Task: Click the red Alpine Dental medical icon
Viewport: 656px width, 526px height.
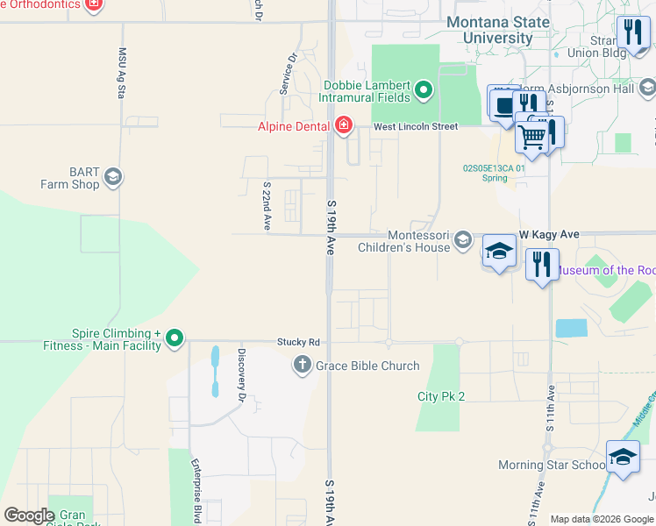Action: [x=343, y=126]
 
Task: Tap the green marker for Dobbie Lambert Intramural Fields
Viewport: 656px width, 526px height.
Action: [x=424, y=90]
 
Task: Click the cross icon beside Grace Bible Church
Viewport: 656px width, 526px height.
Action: [x=303, y=366]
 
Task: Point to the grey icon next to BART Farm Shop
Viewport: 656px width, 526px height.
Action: [x=112, y=179]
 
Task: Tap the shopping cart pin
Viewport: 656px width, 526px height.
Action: [x=531, y=135]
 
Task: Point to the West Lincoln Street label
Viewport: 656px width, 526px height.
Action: [x=416, y=127]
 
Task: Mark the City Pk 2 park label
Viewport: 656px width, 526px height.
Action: [x=440, y=396]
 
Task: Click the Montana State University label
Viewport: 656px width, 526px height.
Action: [x=497, y=30]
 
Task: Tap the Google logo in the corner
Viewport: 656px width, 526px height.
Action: [x=29, y=515]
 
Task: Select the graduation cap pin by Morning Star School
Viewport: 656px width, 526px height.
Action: [x=623, y=458]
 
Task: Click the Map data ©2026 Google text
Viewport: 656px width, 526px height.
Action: [x=601, y=519]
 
